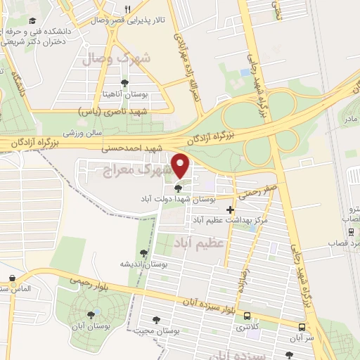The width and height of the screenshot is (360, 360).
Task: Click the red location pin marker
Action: click(181, 165)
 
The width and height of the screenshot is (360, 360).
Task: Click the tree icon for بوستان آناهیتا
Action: click(125, 82)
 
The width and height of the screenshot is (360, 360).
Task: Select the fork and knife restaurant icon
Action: click(127, 9)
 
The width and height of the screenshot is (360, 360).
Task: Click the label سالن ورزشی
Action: click(84, 132)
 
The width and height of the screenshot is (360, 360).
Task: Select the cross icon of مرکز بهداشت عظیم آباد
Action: click(230, 210)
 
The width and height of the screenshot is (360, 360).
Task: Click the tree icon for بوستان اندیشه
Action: click(143, 253)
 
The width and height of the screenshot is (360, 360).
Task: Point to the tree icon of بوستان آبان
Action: click(91, 315)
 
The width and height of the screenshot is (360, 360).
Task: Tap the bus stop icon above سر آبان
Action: click(302, 327)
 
